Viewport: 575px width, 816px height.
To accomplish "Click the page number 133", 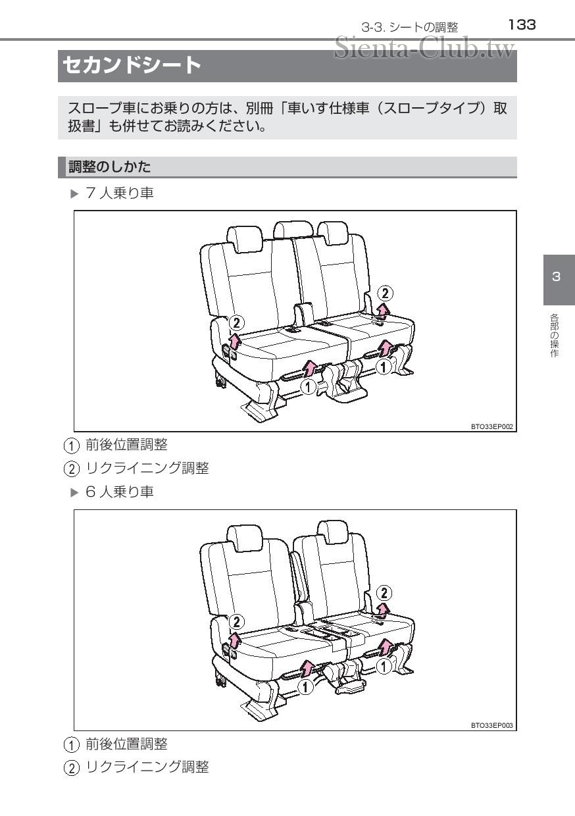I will (x=522, y=25).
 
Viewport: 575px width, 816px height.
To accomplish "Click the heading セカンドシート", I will (x=132, y=66).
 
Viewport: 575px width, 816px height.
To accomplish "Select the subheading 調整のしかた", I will (x=110, y=167).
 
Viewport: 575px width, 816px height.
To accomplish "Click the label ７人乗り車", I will (x=120, y=193).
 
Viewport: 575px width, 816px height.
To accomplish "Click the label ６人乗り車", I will (x=120, y=492).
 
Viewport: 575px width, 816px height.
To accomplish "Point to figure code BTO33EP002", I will (x=492, y=426).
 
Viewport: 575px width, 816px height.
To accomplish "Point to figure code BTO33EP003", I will (x=492, y=725).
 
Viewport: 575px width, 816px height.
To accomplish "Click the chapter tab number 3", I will (x=557, y=276).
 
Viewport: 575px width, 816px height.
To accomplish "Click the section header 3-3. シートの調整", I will (x=409, y=27).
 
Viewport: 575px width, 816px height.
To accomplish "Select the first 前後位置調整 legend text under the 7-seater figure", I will (x=126, y=446).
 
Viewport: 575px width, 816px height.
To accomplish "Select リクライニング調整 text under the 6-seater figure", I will (x=147, y=767).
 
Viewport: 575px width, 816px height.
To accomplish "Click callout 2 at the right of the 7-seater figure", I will (x=387, y=293).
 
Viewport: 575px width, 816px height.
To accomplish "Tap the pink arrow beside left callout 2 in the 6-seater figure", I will (x=234, y=639).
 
